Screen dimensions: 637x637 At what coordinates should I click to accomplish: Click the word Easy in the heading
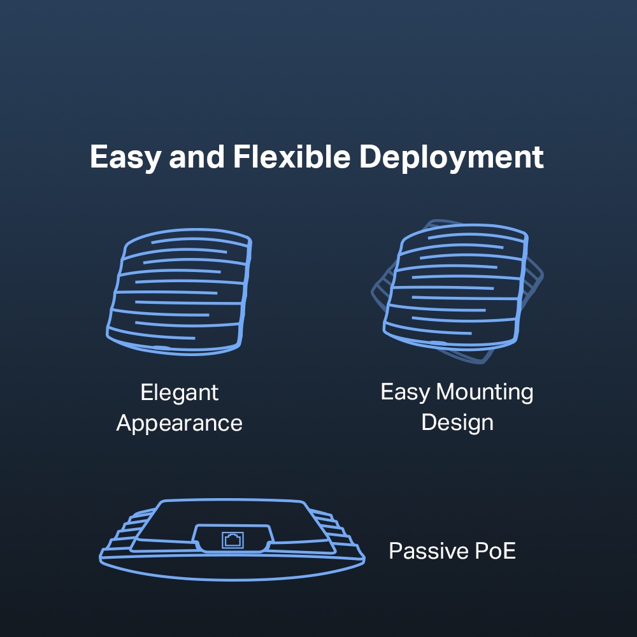tap(124, 157)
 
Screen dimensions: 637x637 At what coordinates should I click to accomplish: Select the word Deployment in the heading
tap(452, 157)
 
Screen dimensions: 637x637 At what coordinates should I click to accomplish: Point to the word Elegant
tap(179, 392)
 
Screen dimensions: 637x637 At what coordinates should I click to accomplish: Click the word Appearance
tap(179, 424)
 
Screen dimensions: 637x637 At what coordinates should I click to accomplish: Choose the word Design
tap(457, 422)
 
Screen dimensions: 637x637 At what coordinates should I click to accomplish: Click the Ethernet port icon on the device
tap(231, 540)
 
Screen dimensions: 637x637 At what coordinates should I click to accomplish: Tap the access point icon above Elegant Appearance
tap(179, 290)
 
